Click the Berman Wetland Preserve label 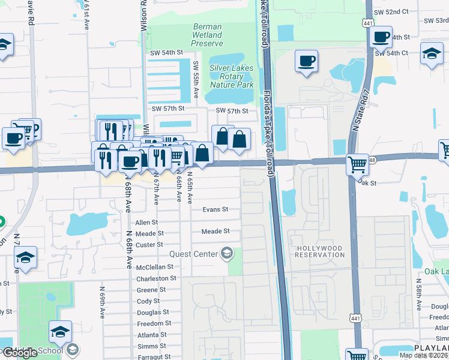click(x=207, y=35)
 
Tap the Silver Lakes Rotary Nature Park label click(x=231, y=76)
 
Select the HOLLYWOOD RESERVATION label click(x=319, y=251)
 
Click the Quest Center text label click(x=193, y=254)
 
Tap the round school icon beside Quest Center click(x=226, y=254)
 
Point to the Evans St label click(x=215, y=209)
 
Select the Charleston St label click(x=156, y=278)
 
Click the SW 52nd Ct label click(x=390, y=11)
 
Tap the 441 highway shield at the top click(x=367, y=22)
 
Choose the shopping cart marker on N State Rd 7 click(x=357, y=163)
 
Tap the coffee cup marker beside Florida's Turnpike click(x=306, y=61)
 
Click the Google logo click(x=19, y=353)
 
